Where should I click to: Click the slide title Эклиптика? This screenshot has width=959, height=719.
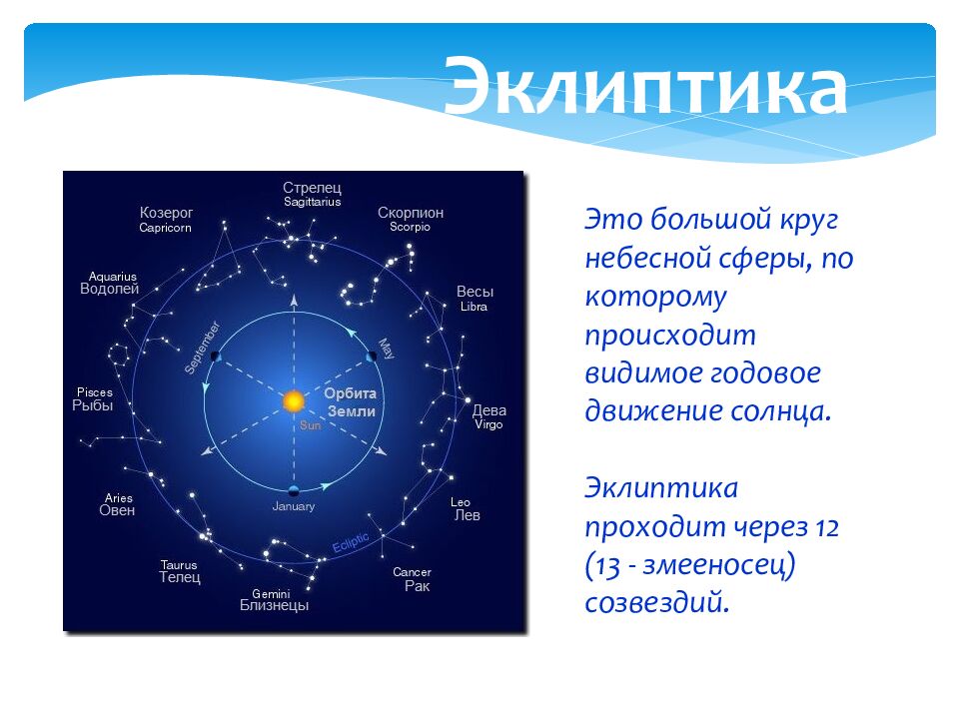click(x=645, y=86)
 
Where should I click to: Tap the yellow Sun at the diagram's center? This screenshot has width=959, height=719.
click(x=294, y=401)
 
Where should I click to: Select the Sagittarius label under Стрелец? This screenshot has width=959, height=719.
click(x=312, y=202)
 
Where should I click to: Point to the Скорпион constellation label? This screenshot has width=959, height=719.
click(x=411, y=213)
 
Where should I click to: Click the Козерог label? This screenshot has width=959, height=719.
click(x=167, y=213)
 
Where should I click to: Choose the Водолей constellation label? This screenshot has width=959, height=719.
click(x=110, y=289)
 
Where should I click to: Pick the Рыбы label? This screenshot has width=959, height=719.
click(x=92, y=405)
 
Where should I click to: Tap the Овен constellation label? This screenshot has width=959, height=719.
click(x=117, y=510)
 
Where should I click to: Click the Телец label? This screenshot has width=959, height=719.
click(x=180, y=577)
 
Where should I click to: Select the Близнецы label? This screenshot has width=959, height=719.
click(x=274, y=605)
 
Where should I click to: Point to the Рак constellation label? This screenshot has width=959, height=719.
click(x=418, y=586)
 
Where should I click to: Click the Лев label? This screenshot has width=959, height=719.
click(x=468, y=515)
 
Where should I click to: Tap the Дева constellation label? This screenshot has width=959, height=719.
click(x=489, y=410)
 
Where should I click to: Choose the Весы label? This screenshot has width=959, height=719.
click(x=475, y=292)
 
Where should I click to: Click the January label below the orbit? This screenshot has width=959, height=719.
click(x=294, y=506)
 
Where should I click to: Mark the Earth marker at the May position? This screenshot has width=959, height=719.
click(x=372, y=357)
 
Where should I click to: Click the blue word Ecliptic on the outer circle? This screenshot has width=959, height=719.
click(x=351, y=542)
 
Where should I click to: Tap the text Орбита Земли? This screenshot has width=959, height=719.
click(x=351, y=402)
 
